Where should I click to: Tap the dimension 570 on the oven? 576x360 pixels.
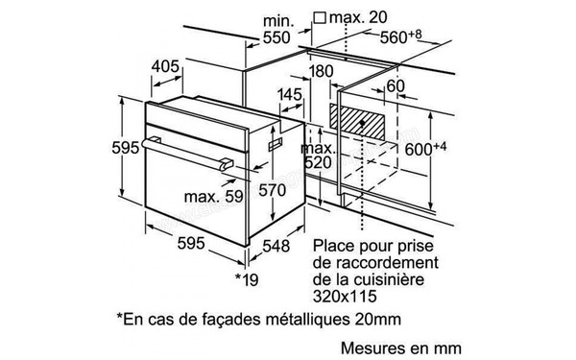(x=274, y=190)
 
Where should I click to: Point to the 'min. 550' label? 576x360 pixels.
(x=276, y=30)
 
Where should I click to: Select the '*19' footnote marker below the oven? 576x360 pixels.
(x=248, y=278)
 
